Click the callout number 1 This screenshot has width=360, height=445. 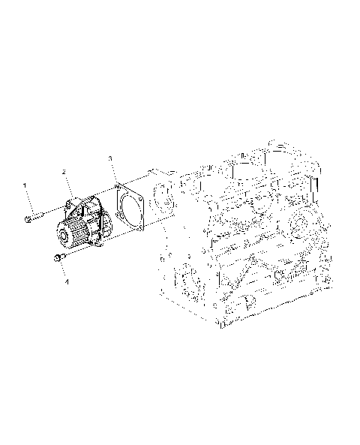coord(24,184)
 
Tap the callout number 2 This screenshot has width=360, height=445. coord(64,173)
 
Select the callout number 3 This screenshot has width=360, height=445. coord(109,158)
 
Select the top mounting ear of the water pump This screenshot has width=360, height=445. coord(74,202)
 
